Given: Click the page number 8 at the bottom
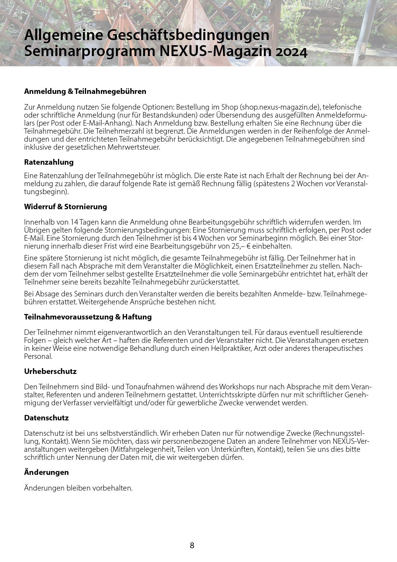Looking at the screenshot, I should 192,545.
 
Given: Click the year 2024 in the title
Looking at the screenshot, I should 291,52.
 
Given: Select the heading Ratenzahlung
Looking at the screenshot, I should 49,162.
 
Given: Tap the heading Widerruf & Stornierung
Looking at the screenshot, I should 65,207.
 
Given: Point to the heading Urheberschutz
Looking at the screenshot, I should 50,372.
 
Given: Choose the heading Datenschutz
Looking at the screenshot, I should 46,418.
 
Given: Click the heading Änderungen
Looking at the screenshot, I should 46,472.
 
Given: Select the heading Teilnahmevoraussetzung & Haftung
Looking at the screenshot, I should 88,317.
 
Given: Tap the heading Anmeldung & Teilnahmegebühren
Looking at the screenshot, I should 85,91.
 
